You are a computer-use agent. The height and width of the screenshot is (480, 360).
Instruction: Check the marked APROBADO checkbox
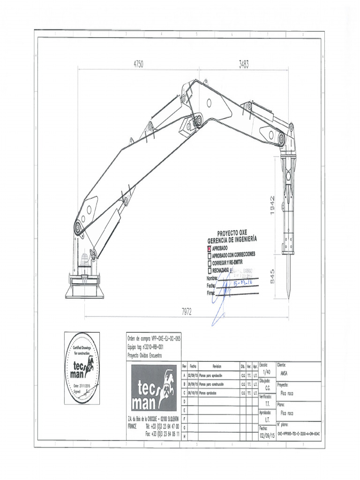[210, 247]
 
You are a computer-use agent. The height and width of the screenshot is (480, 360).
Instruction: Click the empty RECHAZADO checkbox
[210, 270]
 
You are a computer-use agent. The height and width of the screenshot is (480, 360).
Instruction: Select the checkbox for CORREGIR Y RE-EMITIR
[210, 262]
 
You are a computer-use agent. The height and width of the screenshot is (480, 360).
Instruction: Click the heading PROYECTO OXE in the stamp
[232, 233]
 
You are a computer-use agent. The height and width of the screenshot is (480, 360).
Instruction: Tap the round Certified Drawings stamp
[82, 368]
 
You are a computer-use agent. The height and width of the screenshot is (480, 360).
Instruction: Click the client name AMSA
[284, 374]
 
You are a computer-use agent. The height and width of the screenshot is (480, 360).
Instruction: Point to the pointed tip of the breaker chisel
[289, 297]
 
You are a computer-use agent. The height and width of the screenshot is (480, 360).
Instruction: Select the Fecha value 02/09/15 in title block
[267, 435]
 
